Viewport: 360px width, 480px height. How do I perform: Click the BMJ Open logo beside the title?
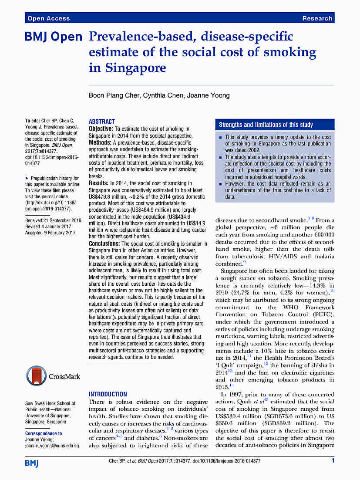pos(54,37)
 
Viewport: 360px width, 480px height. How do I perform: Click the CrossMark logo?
pos(54,376)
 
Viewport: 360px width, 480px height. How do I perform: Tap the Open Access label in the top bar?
pos(48,18)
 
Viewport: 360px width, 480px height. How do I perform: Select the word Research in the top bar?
pos(317,18)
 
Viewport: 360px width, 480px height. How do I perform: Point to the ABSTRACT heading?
pos(102,122)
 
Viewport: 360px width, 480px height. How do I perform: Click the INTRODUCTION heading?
pos(108,394)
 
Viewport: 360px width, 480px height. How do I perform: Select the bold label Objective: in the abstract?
pos(101,129)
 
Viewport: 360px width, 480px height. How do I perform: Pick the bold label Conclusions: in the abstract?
pos(104,244)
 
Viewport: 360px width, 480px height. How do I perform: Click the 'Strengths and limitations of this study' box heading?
pos(266,125)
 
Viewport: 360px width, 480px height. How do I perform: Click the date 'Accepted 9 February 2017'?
pos(50,233)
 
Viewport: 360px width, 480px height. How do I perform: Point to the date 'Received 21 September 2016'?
pos(53,220)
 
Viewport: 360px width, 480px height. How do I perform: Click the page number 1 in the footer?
pos(333,460)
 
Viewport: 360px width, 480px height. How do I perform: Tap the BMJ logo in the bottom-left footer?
pos(32,463)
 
